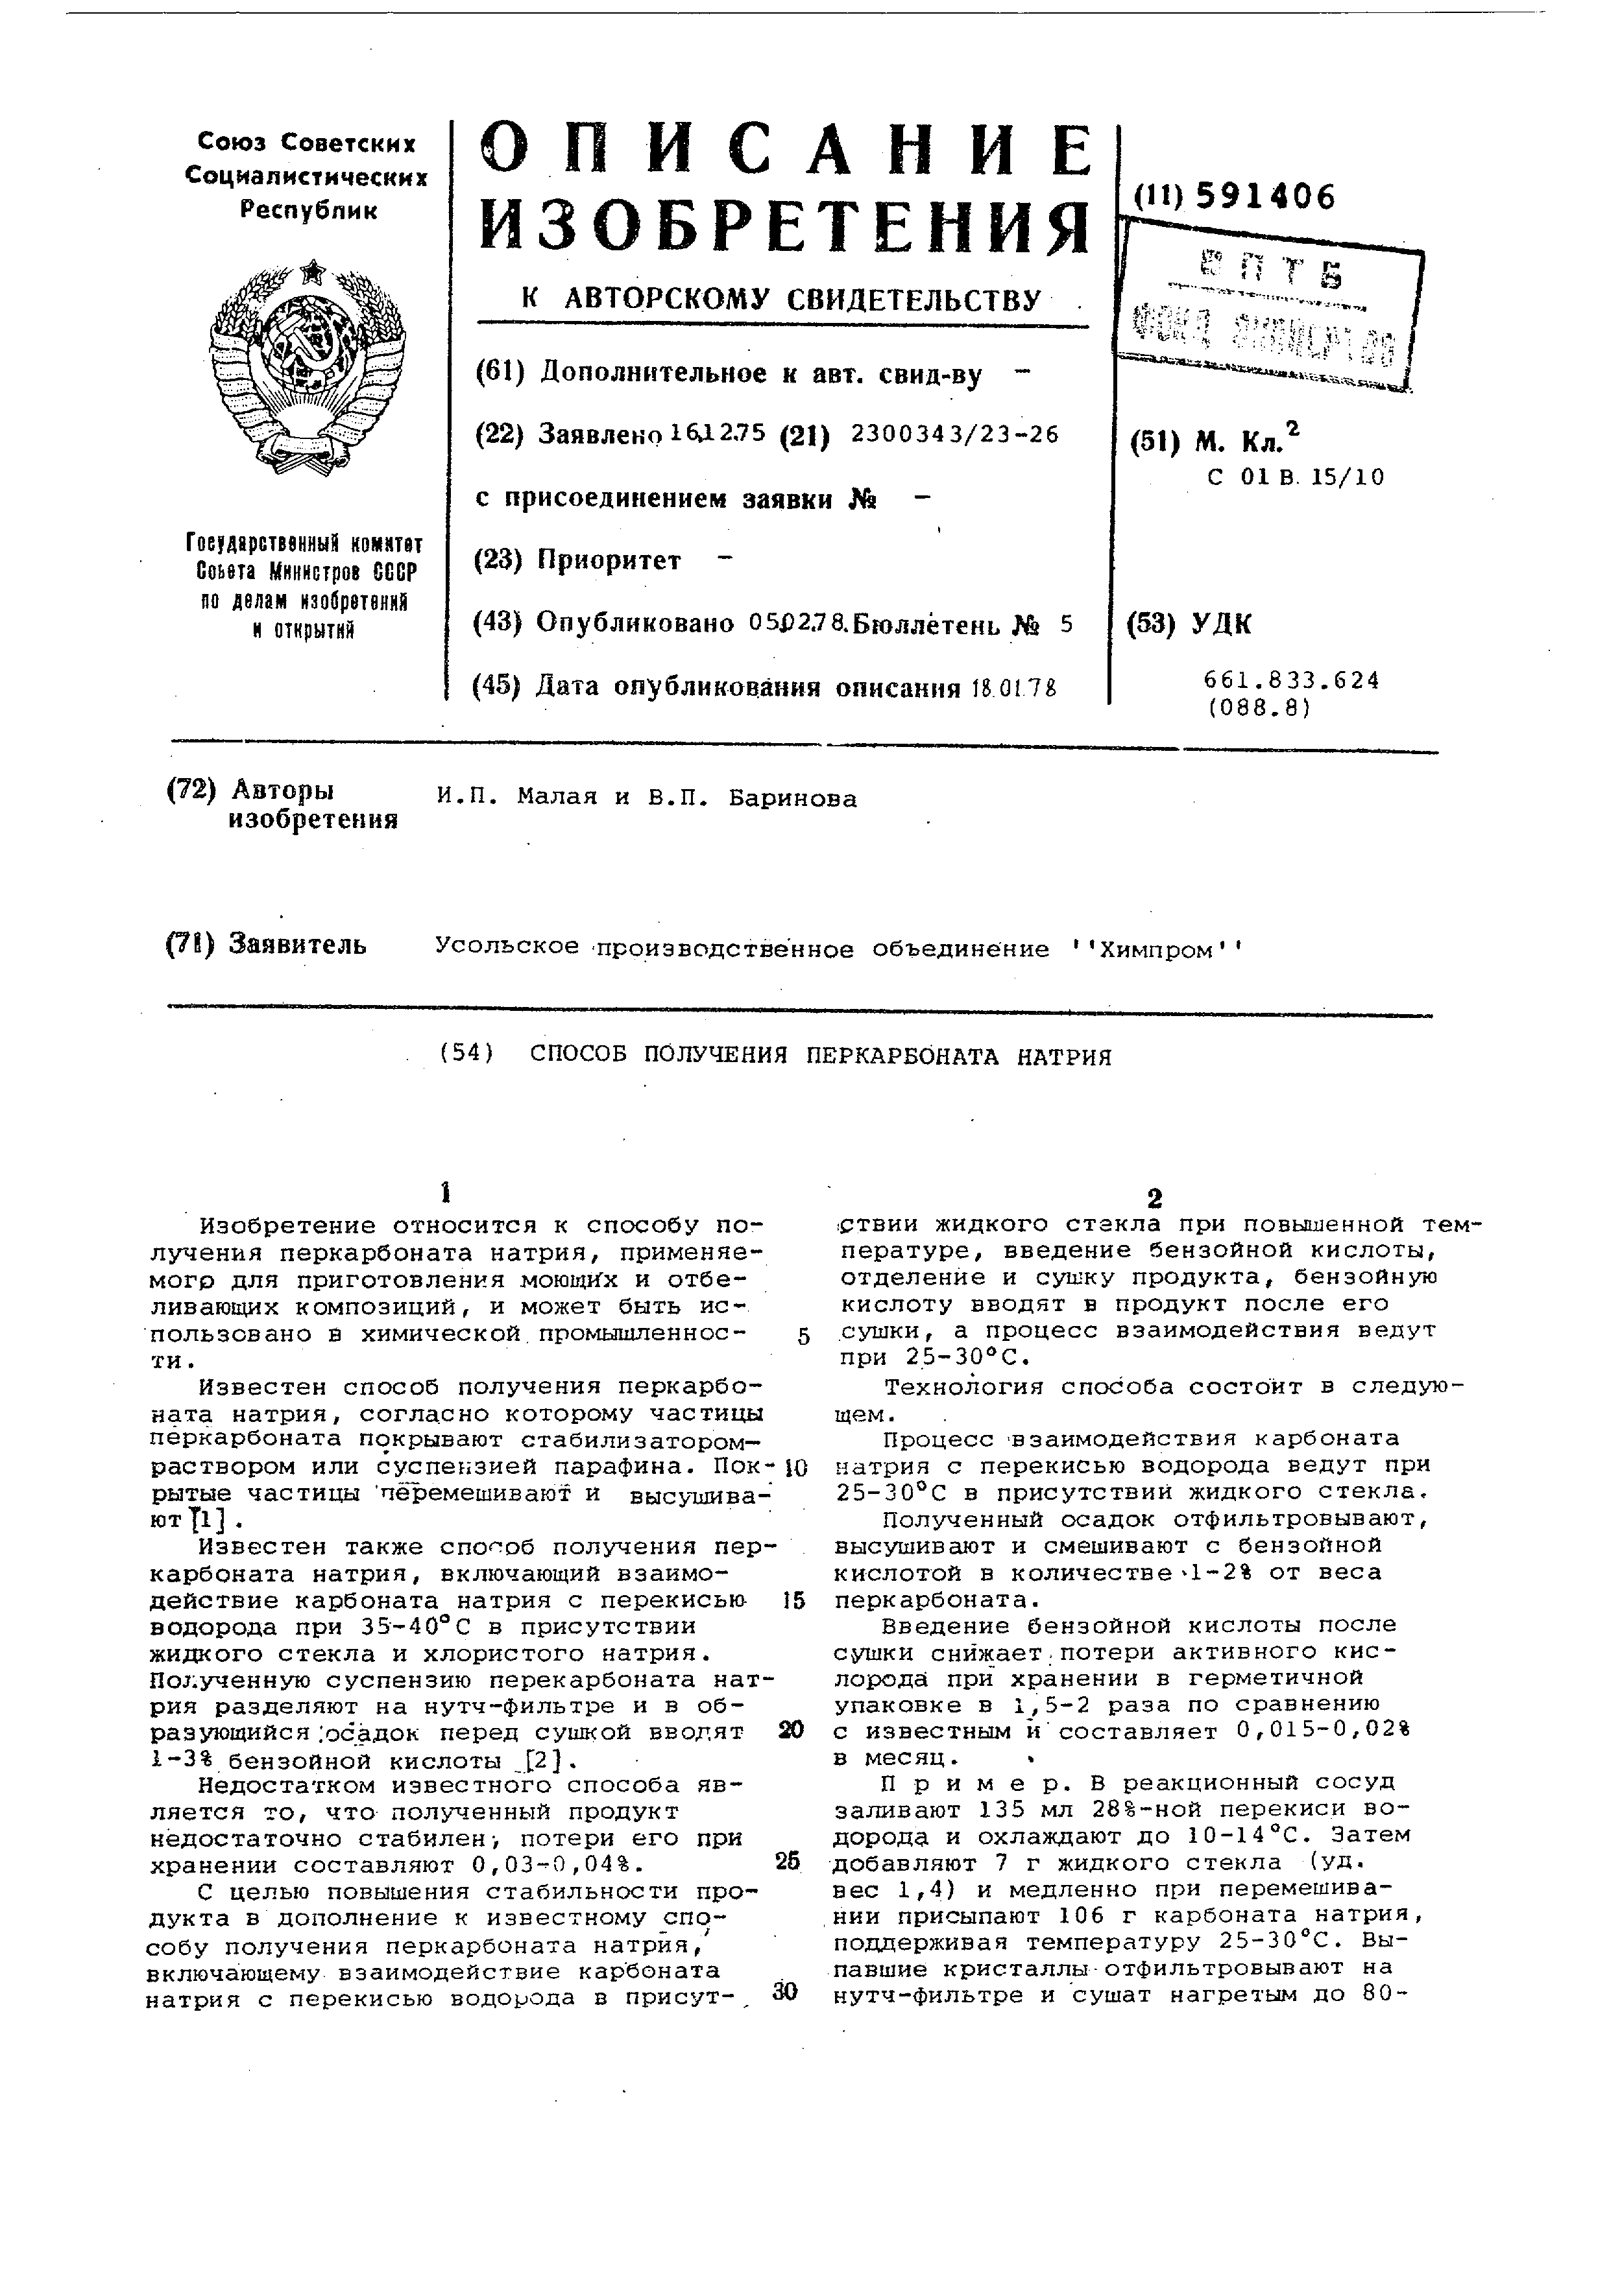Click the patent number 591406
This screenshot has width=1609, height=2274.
(1265, 197)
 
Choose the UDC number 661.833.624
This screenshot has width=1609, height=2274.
(1291, 680)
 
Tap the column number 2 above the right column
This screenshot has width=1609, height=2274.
(1154, 1198)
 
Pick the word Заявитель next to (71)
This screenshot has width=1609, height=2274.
(296, 944)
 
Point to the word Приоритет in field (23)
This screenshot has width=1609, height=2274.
(609, 561)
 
